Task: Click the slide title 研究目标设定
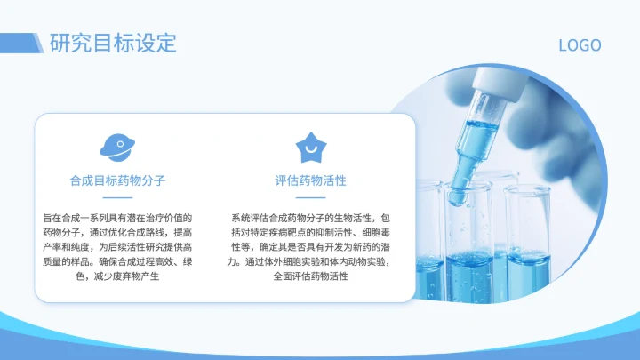[x=113, y=43]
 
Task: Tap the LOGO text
[x=580, y=45]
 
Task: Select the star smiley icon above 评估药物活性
[x=310, y=145]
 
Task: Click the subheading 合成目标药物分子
[x=117, y=180]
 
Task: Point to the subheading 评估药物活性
[x=310, y=180]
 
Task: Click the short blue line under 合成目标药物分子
[x=117, y=197]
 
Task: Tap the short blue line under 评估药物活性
[x=310, y=197]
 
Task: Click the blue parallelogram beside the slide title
[x=38, y=43]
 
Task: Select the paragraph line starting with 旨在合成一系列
[x=117, y=218]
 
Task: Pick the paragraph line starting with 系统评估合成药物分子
[x=310, y=218]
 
